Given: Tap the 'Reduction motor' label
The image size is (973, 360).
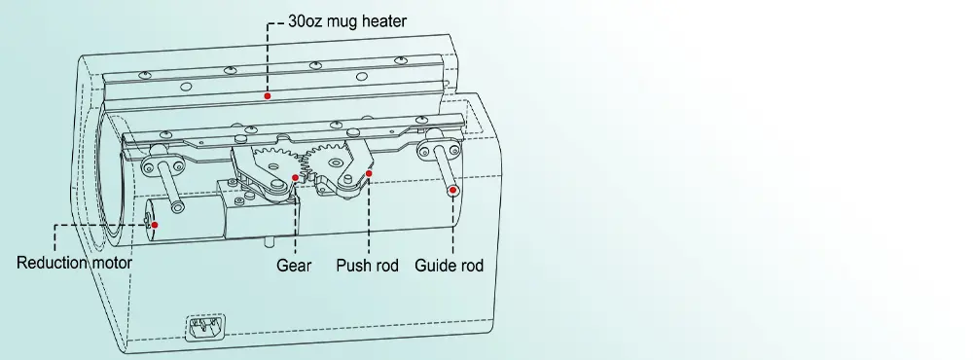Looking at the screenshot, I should click(74, 264).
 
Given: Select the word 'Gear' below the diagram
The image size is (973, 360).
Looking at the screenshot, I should click(294, 265).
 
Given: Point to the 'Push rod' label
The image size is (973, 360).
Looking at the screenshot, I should click(368, 265).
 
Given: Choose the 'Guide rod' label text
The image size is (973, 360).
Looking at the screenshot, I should click(449, 265).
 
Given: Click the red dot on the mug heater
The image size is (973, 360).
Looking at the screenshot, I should click(267, 96).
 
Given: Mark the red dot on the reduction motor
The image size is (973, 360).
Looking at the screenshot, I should click(154, 224).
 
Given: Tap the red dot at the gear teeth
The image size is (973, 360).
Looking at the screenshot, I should click(296, 177).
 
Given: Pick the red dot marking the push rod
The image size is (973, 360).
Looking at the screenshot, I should click(369, 174).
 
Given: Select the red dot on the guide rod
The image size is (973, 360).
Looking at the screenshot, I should click(453, 190).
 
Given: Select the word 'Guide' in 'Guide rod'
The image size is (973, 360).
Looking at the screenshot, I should click(435, 265).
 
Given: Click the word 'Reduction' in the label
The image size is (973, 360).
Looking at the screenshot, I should click(53, 264).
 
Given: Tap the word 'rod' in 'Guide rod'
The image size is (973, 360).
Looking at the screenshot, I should click(471, 265).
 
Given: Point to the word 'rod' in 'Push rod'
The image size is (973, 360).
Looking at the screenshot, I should click(387, 265).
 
